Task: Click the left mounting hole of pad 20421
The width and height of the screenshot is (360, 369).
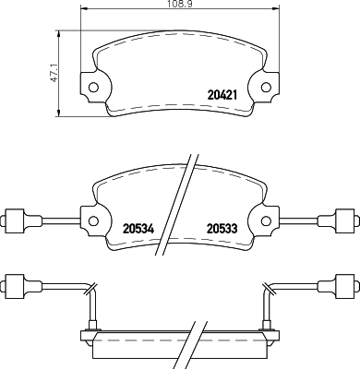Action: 93,89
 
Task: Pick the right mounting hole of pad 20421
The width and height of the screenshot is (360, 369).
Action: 266,89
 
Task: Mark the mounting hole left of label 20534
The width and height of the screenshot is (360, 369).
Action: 93,220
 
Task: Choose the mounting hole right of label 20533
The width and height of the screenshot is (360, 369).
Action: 266,220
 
